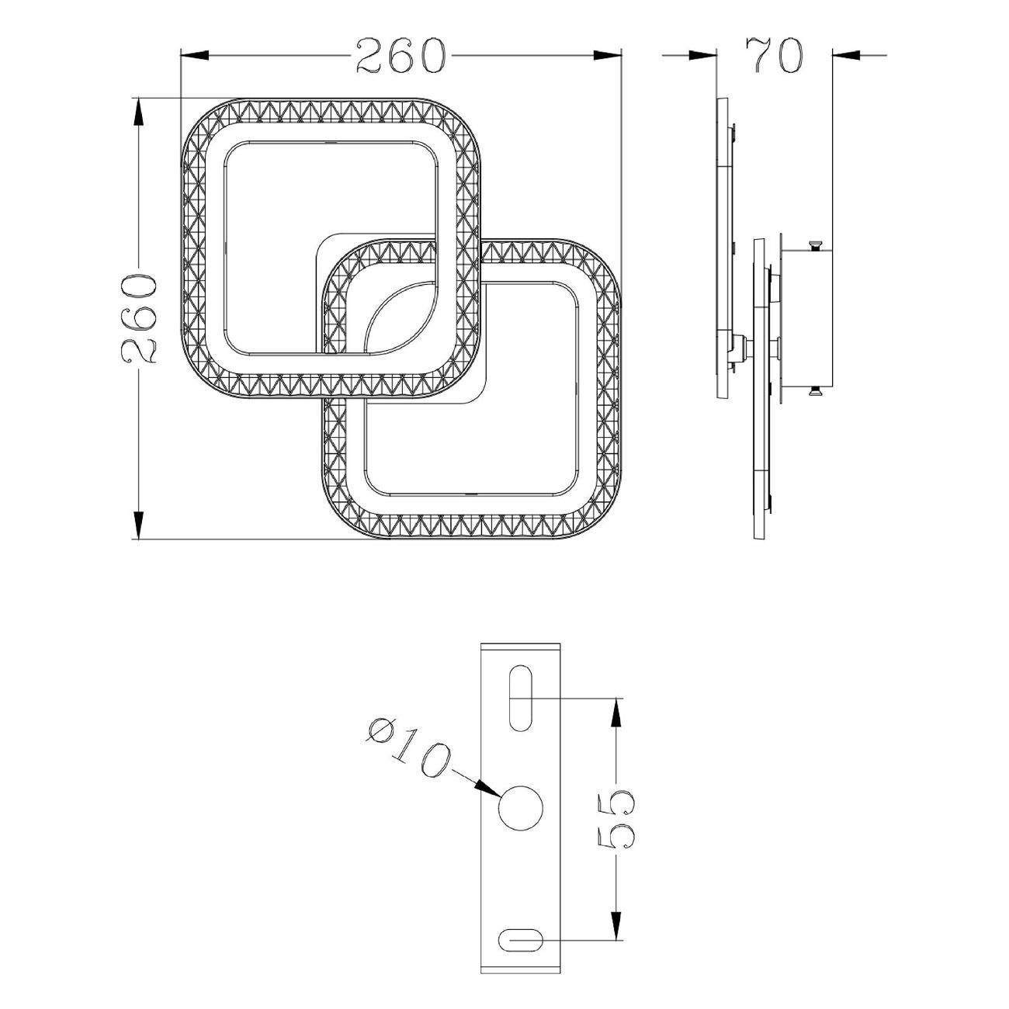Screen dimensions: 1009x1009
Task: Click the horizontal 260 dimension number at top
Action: pyautogui.click(x=401, y=55)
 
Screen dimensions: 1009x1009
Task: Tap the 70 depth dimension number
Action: pyautogui.click(x=774, y=54)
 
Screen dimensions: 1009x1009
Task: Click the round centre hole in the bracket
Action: pyautogui.click(x=521, y=823)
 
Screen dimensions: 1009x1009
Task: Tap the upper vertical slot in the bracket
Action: pyautogui.click(x=520, y=698)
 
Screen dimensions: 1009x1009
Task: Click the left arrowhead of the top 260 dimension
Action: pyautogui.click(x=195, y=55)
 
